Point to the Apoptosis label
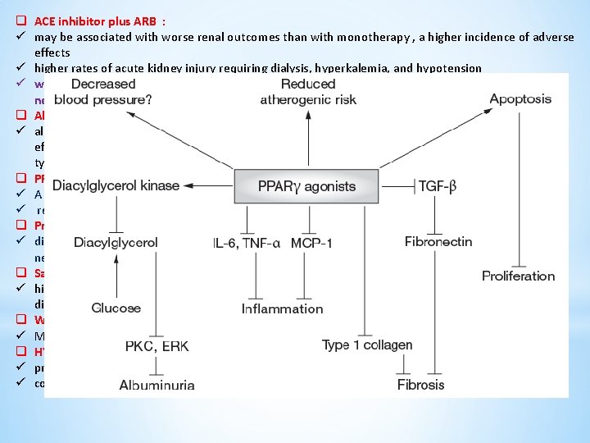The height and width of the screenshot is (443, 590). coord(520,98)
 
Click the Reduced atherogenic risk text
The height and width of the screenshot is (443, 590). coord(308,91)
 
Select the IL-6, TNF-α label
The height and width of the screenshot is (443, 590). coord(246,242)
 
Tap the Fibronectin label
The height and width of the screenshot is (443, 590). coord(438,241)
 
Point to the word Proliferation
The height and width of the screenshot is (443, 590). coord(518,276)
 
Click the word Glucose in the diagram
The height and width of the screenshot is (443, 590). coord(116,308)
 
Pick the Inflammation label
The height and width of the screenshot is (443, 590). coord(282,308)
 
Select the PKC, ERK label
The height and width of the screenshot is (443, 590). coord(157,345)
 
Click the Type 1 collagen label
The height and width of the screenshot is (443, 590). coord(367,345)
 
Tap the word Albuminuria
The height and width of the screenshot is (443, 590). coord(157,384)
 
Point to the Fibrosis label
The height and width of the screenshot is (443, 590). coord(420,384)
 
